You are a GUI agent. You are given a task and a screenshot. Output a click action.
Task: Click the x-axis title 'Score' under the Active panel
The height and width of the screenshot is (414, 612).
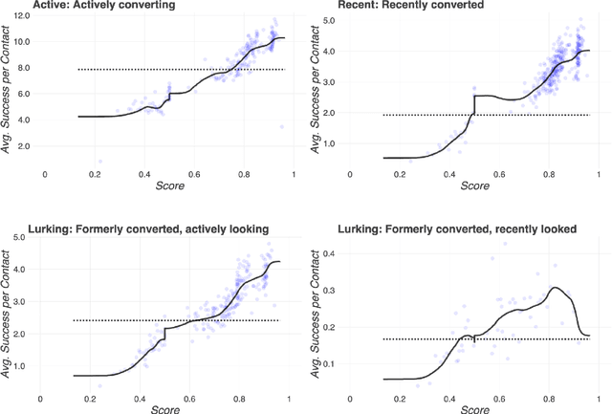click(169, 185)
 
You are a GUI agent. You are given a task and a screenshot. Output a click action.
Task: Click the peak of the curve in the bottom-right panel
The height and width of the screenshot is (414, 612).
click(556, 288)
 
